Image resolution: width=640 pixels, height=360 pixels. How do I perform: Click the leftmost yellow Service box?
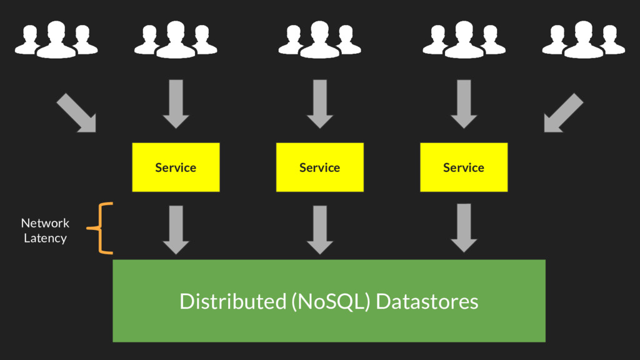pos(176,167)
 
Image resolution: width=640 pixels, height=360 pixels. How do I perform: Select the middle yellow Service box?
pos(319,167)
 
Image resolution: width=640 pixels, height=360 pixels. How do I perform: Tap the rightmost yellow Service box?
pos(464,167)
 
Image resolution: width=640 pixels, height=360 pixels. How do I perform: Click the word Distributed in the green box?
pos(232,301)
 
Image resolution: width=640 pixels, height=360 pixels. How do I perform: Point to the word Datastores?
pos(427,301)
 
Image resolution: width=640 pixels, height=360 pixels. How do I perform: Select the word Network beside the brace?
pos(45,223)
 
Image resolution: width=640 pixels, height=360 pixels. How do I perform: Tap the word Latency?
pos(45,238)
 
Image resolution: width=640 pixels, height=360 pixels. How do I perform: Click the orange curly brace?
pos(101,229)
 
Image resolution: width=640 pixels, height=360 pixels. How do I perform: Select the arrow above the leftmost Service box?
pos(176,104)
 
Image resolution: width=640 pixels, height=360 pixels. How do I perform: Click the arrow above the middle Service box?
pos(320,104)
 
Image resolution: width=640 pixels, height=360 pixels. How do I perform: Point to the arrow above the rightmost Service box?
pos(464,104)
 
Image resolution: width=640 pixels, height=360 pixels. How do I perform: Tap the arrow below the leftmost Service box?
pos(176,229)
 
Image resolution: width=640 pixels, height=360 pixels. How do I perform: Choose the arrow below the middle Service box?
pos(320,229)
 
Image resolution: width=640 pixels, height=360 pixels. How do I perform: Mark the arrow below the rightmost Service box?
pos(464,228)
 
